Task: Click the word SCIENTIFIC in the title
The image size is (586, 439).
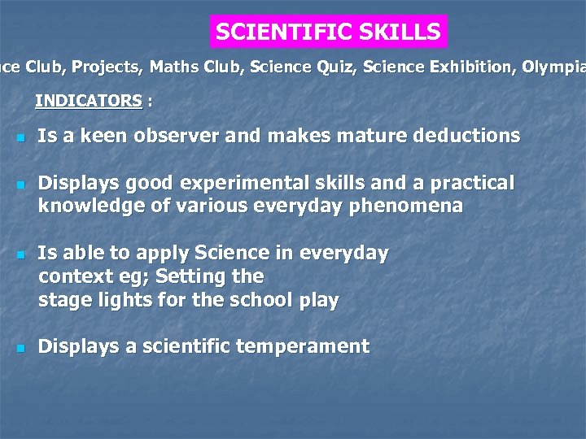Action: point(273,33)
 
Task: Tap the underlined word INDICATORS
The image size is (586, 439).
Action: point(89,102)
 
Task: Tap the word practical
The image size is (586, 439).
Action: point(471,184)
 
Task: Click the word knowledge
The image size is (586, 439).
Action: point(87,206)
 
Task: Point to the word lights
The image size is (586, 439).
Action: point(118,300)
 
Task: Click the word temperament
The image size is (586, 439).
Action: point(302,346)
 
